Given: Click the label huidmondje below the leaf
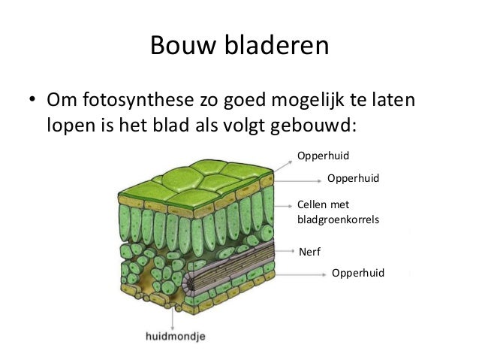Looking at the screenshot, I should click(x=175, y=335).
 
